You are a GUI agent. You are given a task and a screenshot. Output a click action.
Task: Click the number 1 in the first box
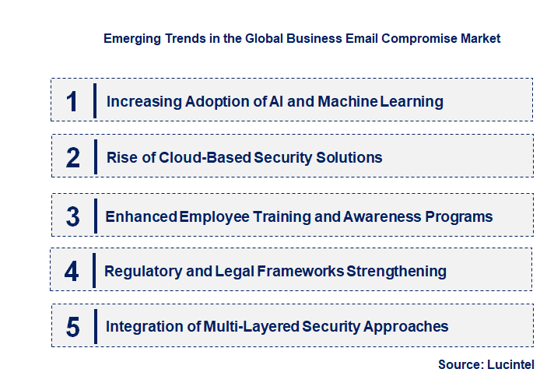point(72,101)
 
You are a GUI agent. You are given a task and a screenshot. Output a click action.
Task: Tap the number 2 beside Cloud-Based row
point(73,158)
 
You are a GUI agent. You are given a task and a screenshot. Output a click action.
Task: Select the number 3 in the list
point(72,217)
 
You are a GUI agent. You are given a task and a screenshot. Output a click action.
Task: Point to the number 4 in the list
point(72,272)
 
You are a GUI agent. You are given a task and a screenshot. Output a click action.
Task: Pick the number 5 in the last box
point(72,327)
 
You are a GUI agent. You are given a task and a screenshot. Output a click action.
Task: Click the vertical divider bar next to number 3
point(95,216)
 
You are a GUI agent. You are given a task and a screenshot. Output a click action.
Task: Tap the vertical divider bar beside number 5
point(95,325)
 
